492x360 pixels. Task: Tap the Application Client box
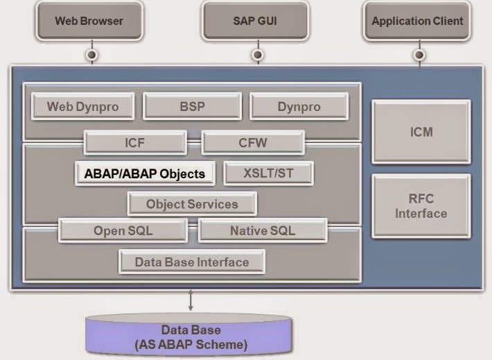[417, 21]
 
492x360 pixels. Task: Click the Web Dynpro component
[82, 107]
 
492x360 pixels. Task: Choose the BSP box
[193, 107]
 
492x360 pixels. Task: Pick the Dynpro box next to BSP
[299, 107]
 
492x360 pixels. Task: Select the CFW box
[253, 144]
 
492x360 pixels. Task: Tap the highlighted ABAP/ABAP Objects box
[145, 173]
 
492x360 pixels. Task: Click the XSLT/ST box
[268, 173]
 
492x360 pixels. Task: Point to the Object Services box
[192, 204]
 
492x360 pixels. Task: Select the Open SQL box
[123, 231]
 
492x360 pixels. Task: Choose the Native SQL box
[262, 231]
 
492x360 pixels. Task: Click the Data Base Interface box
[191, 262]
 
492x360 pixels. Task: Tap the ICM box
[421, 131]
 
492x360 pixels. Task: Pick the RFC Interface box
[421, 206]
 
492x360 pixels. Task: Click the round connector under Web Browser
[91, 54]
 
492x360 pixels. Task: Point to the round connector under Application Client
[419, 54]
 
